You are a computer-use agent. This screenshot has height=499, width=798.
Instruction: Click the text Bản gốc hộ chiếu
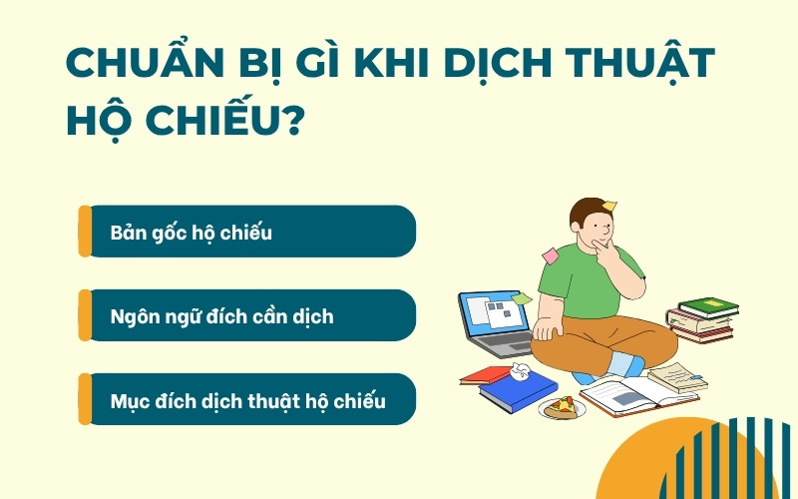pyautogui.click(x=192, y=233)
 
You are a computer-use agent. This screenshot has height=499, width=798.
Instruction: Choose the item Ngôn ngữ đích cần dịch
pyautogui.click(x=221, y=316)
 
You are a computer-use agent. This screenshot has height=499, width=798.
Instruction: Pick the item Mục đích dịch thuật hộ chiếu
pyautogui.click(x=247, y=400)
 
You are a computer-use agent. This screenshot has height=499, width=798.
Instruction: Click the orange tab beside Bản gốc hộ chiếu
pyautogui.click(x=85, y=232)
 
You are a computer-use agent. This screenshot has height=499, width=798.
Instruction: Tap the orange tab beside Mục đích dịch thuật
pyautogui.click(x=85, y=399)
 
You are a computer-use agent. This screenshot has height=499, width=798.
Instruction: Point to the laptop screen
pyautogui.click(x=496, y=315)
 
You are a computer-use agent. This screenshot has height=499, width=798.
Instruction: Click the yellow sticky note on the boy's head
pyautogui.click(x=608, y=208)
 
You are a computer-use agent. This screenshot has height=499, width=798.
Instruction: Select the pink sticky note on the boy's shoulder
pyautogui.click(x=550, y=255)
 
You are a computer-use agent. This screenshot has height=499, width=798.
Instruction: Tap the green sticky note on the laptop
pyautogui.click(x=521, y=297)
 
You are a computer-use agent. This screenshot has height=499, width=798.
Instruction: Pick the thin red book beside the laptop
pyautogui.click(x=486, y=374)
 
